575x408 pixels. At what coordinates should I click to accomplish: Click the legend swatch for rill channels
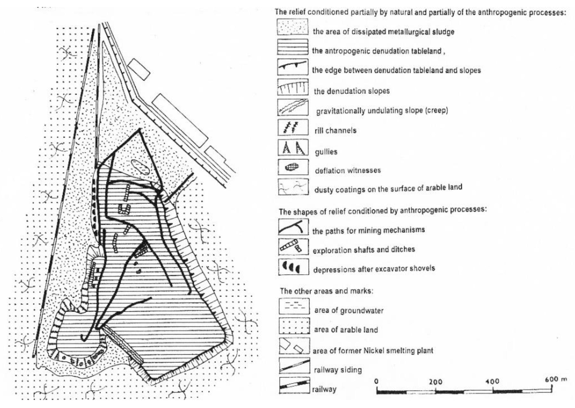pos(293,127)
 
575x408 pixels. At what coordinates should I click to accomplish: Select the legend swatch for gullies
pos(293,148)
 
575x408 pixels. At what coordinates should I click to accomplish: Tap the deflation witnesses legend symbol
pos(293,167)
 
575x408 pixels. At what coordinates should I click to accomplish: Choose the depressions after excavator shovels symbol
pos(293,267)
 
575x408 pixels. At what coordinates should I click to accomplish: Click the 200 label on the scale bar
pos(435,382)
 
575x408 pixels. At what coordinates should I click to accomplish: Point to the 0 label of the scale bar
pos(376,381)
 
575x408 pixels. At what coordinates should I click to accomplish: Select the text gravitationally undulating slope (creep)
pos(382,110)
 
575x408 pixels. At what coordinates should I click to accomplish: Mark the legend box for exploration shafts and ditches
pos(293,247)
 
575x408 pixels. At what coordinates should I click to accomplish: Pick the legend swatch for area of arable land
pos(294,326)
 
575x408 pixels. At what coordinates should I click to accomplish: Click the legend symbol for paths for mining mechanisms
pos(293,227)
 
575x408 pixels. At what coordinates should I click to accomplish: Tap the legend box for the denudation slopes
pos(293,87)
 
